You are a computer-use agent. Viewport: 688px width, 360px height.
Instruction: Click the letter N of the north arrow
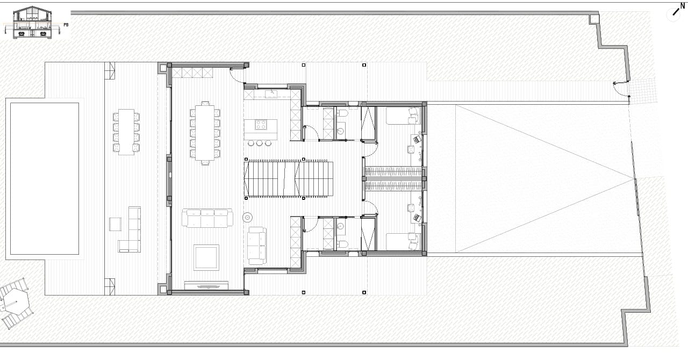[x=683, y=6]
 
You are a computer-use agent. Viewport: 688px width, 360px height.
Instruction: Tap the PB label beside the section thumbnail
[x=66, y=25]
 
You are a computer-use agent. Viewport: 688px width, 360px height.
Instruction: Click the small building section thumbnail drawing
[x=32, y=23]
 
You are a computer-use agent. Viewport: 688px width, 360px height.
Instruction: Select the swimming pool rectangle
[x=45, y=178]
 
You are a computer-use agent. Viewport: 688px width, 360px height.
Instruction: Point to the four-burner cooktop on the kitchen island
[x=261, y=125]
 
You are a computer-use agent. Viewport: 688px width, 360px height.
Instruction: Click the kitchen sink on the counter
[x=271, y=93]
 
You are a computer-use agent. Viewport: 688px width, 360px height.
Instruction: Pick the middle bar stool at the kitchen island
[x=260, y=143]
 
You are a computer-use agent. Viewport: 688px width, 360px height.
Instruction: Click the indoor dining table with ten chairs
[x=205, y=133]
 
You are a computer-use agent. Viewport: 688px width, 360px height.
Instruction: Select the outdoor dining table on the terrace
[x=126, y=132]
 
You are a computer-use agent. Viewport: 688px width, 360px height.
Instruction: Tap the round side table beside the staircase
[x=248, y=218]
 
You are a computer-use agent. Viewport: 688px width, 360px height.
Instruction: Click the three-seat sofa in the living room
[x=207, y=218]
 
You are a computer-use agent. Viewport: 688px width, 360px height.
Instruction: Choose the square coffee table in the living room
[x=206, y=257]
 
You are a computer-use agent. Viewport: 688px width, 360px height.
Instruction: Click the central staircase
[x=289, y=179]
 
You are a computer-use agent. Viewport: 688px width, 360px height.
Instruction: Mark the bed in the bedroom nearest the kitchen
[x=403, y=116]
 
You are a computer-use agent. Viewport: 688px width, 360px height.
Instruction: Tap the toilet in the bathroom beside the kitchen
[x=342, y=113]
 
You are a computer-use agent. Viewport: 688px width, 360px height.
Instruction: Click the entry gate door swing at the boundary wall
[x=620, y=90]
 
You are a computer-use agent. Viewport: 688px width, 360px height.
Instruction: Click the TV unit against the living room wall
[x=206, y=285]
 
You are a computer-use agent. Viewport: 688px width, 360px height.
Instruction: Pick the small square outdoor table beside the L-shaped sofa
[x=115, y=224]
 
